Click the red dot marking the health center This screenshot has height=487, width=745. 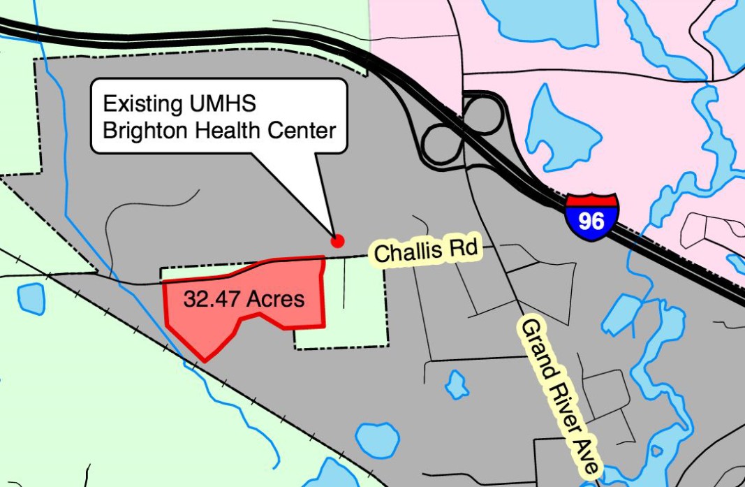(x=338, y=241)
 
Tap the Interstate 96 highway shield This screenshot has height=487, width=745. (x=591, y=218)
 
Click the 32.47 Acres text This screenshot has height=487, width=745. (x=244, y=299)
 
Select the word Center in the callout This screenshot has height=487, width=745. (x=305, y=129)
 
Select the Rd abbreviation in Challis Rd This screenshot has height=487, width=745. (x=463, y=247)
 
